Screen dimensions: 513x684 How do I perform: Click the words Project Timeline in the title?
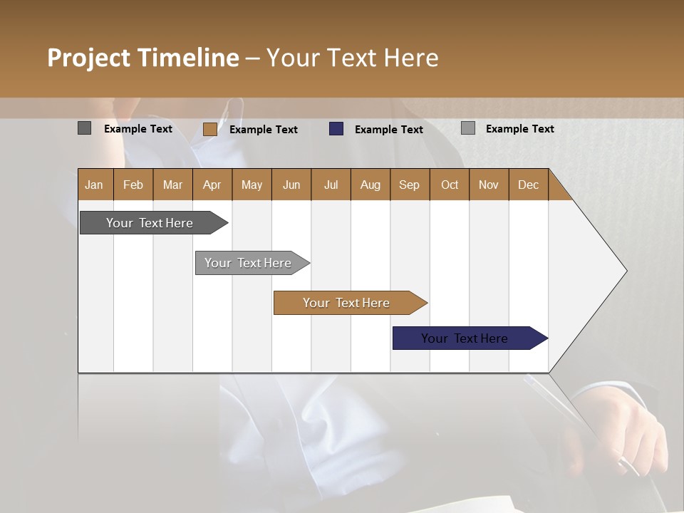pos(142,58)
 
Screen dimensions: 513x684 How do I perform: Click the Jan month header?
pos(94,185)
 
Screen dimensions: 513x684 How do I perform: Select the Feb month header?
pos(133,185)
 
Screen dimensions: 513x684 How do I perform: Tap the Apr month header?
pos(212,185)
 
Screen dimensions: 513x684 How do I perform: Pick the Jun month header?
pos(291,185)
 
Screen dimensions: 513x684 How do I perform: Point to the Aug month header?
pos(370,185)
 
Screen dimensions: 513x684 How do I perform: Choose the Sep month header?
pos(409,185)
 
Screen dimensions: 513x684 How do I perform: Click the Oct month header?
pos(450,185)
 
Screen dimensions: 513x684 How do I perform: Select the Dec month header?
pos(528,185)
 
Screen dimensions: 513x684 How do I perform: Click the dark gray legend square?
pos(84,128)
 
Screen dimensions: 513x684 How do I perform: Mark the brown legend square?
pos(209,129)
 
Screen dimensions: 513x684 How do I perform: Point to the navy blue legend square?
pos(336,129)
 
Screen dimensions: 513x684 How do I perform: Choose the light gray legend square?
pos(467,128)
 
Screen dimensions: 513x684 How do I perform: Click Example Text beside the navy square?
pos(388,130)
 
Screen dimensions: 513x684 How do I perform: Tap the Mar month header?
pos(172,185)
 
